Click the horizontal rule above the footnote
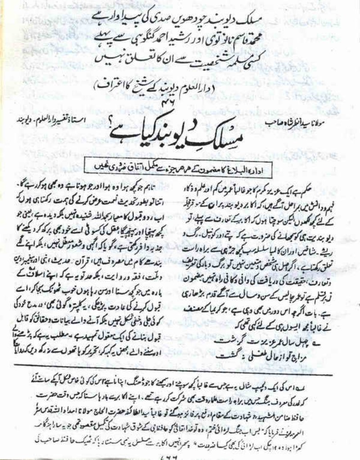tap(180, 374)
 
